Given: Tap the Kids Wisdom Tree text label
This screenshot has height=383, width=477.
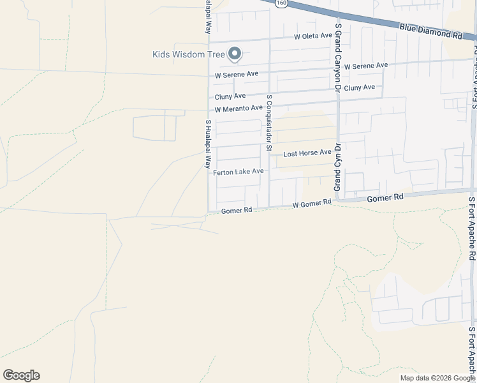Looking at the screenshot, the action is (x=189, y=54).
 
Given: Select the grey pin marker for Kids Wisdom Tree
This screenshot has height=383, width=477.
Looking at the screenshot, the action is (x=235, y=55).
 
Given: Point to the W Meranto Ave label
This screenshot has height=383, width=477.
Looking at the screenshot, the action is (x=238, y=109).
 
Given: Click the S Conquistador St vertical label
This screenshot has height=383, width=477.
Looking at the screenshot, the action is (x=270, y=124).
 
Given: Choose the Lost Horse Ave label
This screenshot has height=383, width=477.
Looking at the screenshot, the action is (x=307, y=153).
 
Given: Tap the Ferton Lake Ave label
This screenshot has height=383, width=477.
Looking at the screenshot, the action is (x=238, y=172).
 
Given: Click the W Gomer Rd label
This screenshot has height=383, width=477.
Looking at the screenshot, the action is (x=312, y=204).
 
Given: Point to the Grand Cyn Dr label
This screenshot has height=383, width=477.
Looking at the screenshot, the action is (x=338, y=167).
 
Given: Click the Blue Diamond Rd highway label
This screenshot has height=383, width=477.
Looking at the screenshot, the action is (x=430, y=31).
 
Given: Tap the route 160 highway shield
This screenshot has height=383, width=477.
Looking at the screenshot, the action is (x=281, y=4).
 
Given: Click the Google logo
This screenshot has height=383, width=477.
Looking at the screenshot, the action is (x=21, y=375).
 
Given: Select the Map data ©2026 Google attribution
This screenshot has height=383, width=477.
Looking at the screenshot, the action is (x=437, y=378).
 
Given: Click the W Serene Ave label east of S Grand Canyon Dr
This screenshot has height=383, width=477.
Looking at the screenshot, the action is (x=365, y=66).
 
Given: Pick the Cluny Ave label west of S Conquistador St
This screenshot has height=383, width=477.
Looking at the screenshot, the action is (x=230, y=96).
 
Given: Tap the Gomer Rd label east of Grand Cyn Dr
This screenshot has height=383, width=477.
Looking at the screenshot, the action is (x=385, y=198).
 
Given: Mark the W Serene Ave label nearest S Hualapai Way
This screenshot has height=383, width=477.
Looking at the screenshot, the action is (x=237, y=74).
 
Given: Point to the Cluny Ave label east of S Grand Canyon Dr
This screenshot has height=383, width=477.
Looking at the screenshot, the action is (x=359, y=88).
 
